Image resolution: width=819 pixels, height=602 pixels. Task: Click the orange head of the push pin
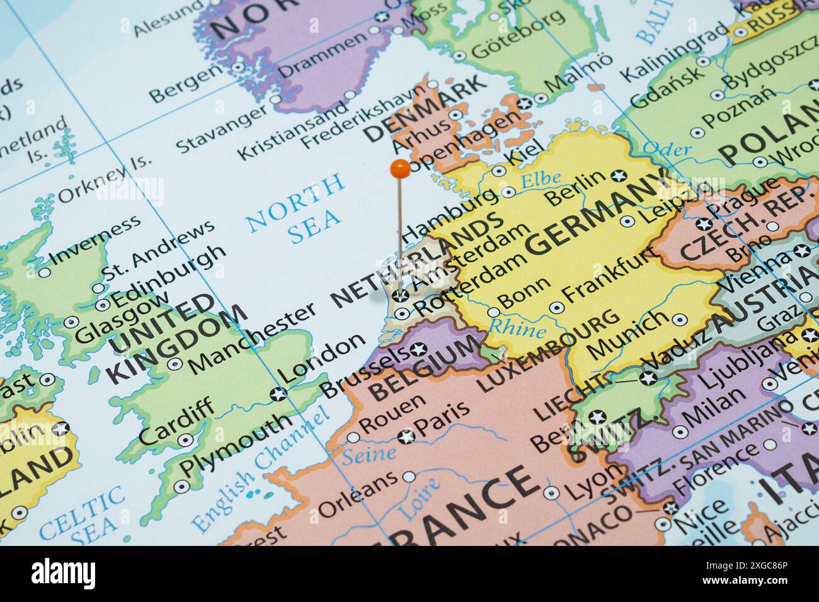point(400,168)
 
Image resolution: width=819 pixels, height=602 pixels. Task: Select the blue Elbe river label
point(541,180)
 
